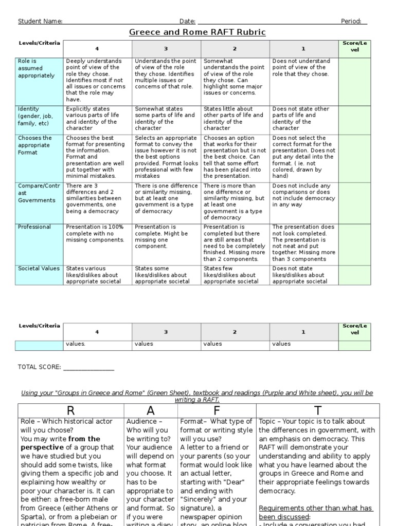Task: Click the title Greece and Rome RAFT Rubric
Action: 197,32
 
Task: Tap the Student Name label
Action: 40,21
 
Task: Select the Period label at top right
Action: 351,21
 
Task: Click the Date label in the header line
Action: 187,21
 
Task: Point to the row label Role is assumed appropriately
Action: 37,68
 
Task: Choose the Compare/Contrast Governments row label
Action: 37,193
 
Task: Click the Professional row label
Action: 34,227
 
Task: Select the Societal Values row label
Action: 39,268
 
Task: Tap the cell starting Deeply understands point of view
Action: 97,80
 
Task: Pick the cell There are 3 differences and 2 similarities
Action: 97,198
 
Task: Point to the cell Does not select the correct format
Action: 303,157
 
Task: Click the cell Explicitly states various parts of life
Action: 97,119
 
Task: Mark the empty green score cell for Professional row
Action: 354,243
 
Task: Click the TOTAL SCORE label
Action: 39,367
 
